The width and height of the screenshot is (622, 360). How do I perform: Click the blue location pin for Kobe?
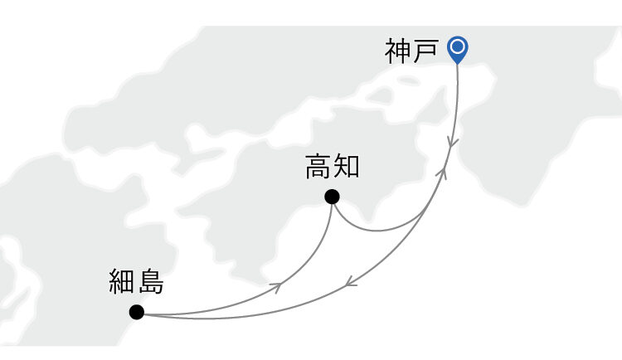(x=457, y=50)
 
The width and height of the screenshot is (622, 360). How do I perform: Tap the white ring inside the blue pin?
(x=458, y=46)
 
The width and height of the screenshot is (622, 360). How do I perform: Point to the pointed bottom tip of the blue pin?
(x=457, y=64)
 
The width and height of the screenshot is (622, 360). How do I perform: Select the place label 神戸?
(x=411, y=51)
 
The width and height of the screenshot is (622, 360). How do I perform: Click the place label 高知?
(x=333, y=166)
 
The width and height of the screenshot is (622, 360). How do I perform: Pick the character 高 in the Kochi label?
(x=318, y=166)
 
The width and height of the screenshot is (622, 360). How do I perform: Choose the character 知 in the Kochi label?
(x=347, y=166)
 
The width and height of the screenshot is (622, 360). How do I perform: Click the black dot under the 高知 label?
(x=332, y=197)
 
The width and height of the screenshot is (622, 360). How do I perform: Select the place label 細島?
(x=137, y=281)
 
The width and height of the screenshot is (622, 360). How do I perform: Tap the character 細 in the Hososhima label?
(x=122, y=281)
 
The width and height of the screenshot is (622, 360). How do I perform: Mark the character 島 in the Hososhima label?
(x=151, y=281)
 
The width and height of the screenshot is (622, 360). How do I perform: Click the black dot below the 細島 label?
(x=137, y=312)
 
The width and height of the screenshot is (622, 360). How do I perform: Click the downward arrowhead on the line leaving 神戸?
(x=452, y=143)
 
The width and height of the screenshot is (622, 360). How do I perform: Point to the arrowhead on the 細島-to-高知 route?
(x=276, y=287)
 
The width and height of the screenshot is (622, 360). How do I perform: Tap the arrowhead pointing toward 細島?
(x=351, y=282)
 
